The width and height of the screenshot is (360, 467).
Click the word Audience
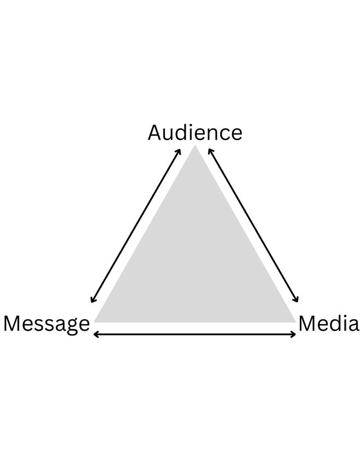pyautogui.click(x=195, y=133)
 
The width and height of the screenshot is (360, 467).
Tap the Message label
pyautogui.click(x=47, y=324)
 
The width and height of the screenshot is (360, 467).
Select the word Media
pyautogui.click(x=328, y=324)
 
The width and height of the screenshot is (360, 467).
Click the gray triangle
pyautogui.click(x=195, y=257)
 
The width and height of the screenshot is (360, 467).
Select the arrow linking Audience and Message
pyautogui.click(x=136, y=225)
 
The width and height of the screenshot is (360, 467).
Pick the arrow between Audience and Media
pyautogui.click(x=253, y=225)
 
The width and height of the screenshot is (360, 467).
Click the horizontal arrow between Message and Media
pyautogui.click(x=195, y=334)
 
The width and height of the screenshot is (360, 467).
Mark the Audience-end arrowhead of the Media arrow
pyautogui.click(x=210, y=150)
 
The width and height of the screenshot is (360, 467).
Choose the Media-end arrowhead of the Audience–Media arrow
pyautogui.click(x=296, y=300)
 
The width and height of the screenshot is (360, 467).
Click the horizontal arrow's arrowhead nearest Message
pyautogui.click(x=95, y=334)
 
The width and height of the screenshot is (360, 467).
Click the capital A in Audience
pyautogui.click(x=155, y=133)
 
